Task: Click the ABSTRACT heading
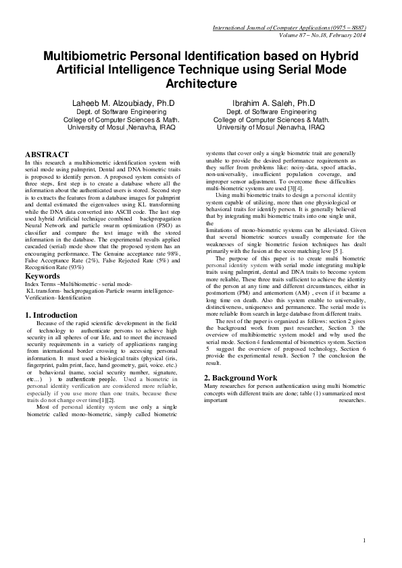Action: [47, 154]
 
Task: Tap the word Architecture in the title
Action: [201, 84]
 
